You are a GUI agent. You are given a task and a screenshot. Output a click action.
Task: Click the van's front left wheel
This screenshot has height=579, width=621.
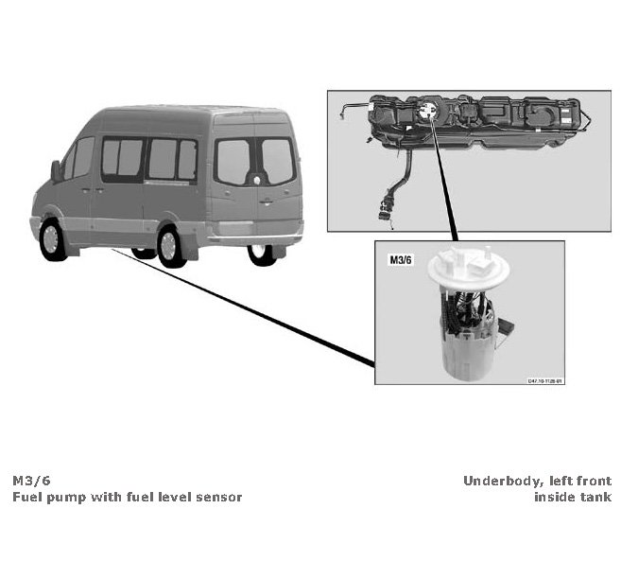pyautogui.click(x=53, y=239)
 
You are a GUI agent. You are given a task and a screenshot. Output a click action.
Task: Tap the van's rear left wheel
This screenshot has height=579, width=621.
pyautogui.click(x=170, y=245)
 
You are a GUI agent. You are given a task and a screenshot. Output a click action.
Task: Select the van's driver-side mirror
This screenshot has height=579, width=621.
pyautogui.click(x=57, y=171)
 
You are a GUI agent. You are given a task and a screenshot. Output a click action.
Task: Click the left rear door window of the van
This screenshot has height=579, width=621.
pyautogui.click(x=233, y=162)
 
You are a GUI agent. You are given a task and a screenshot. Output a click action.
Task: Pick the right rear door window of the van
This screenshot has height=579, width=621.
pyautogui.click(x=278, y=161)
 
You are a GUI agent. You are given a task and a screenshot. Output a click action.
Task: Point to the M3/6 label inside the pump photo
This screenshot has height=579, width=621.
pyautogui.click(x=402, y=257)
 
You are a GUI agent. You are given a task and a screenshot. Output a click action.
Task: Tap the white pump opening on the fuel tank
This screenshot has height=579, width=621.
pyautogui.click(x=429, y=112)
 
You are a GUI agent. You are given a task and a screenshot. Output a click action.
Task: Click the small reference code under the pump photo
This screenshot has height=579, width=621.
pyautogui.click(x=544, y=380)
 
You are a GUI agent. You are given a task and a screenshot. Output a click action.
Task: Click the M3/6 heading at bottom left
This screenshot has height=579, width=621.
pyautogui.click(x=30, y=481)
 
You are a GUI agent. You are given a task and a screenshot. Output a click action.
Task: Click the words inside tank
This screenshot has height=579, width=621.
pyautogui.click(x=573, y=497)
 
